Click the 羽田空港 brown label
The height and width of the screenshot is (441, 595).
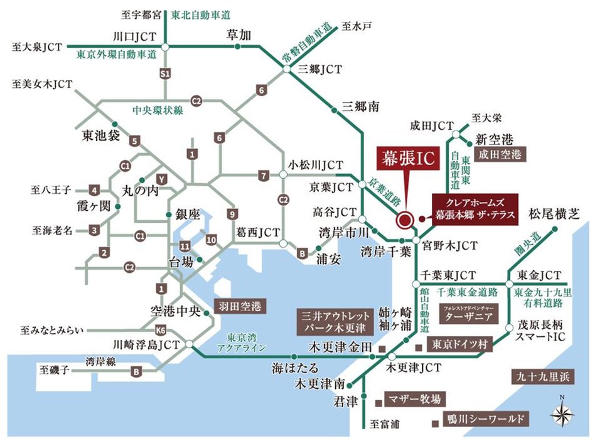pos(239,307)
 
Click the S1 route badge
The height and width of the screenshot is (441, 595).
pos(165,74)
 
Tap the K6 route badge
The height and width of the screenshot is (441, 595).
pos(161,329)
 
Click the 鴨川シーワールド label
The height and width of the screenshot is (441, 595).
pos(483,418)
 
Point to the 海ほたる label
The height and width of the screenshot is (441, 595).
pos(291,368)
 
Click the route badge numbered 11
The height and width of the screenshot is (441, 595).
pos(185,245)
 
